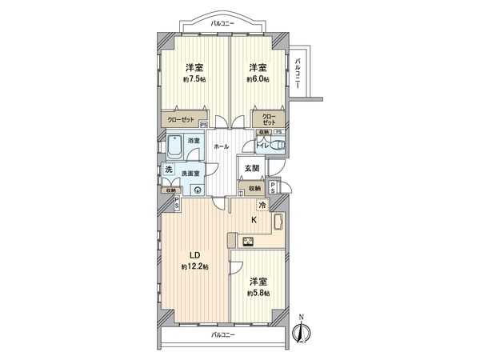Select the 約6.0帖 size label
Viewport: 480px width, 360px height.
[258, 80]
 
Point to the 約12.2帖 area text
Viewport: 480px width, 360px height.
[194, 266]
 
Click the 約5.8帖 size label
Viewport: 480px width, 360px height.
[258, 293]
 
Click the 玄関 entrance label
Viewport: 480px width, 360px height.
[252, 168]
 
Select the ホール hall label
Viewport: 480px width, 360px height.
[222, 146]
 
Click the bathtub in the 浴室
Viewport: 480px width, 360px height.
[174, 148]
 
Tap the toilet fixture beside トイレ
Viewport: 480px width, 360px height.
[276, 145]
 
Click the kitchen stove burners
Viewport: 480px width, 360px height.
[247, 241]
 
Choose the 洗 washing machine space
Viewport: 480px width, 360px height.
[169, 170]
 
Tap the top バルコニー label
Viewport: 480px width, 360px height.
[222, 24]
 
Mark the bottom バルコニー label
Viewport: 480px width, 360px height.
[222, 334]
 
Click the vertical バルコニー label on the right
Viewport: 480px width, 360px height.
[298, 73]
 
